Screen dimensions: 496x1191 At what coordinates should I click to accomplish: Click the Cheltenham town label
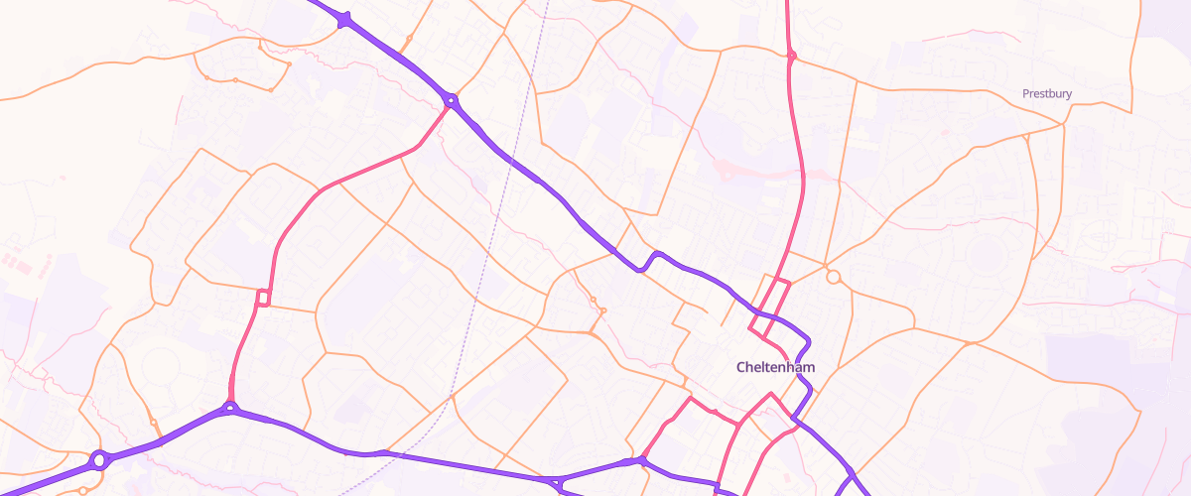(x=775, y=367)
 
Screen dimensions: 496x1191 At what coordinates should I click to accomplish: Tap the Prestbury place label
(x=1047, y=94)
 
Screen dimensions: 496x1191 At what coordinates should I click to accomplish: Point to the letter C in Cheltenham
(x=741, y=367)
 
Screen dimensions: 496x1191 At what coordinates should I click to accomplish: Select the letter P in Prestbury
(x=1026, y=94)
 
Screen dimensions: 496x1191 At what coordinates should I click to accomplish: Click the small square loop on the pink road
(x=263, y=297)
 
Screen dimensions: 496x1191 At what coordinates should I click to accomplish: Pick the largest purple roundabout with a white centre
(x=99, y=459)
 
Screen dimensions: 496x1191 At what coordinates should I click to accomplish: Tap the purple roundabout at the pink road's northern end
(x=452, y=100)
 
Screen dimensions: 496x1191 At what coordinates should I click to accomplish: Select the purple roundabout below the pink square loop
(x=230, y=407)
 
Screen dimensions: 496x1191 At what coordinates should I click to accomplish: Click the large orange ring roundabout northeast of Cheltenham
(x=833, y=277)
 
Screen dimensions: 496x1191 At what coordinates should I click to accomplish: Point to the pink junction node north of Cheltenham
(x=791, y=56)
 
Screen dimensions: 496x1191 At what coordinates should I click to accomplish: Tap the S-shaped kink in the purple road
(x=649, y=261)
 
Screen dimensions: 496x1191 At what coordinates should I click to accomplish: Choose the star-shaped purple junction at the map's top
(x=344, y=19)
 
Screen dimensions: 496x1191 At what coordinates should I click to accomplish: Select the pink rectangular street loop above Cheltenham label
(x=770, y=309)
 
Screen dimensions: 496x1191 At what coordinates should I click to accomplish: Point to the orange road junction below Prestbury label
(x=1063, y=125)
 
